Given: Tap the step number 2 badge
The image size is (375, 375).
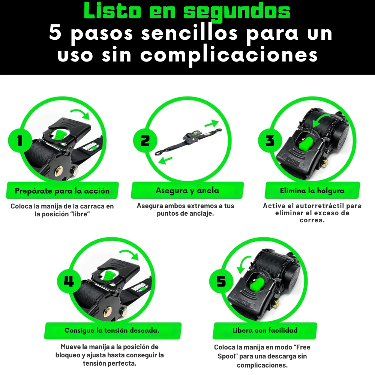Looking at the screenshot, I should (144, 141).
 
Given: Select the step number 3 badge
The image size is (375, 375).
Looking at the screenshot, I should (270, 141).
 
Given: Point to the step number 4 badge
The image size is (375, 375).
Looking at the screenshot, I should (69, 281).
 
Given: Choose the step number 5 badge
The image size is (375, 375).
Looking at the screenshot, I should (221, 281).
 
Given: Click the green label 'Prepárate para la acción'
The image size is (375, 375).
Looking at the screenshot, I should (62, 190).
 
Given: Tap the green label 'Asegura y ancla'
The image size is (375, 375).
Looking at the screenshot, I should (187, 190).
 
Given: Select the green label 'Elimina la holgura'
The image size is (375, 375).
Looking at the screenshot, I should (312, 190).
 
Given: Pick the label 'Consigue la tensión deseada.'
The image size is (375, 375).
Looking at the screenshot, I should (112, 330).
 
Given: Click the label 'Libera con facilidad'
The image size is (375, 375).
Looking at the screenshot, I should (265, 330).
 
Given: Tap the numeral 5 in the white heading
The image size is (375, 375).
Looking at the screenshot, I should (55, 33).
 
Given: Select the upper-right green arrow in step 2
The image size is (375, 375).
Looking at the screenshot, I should (211, 124).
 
